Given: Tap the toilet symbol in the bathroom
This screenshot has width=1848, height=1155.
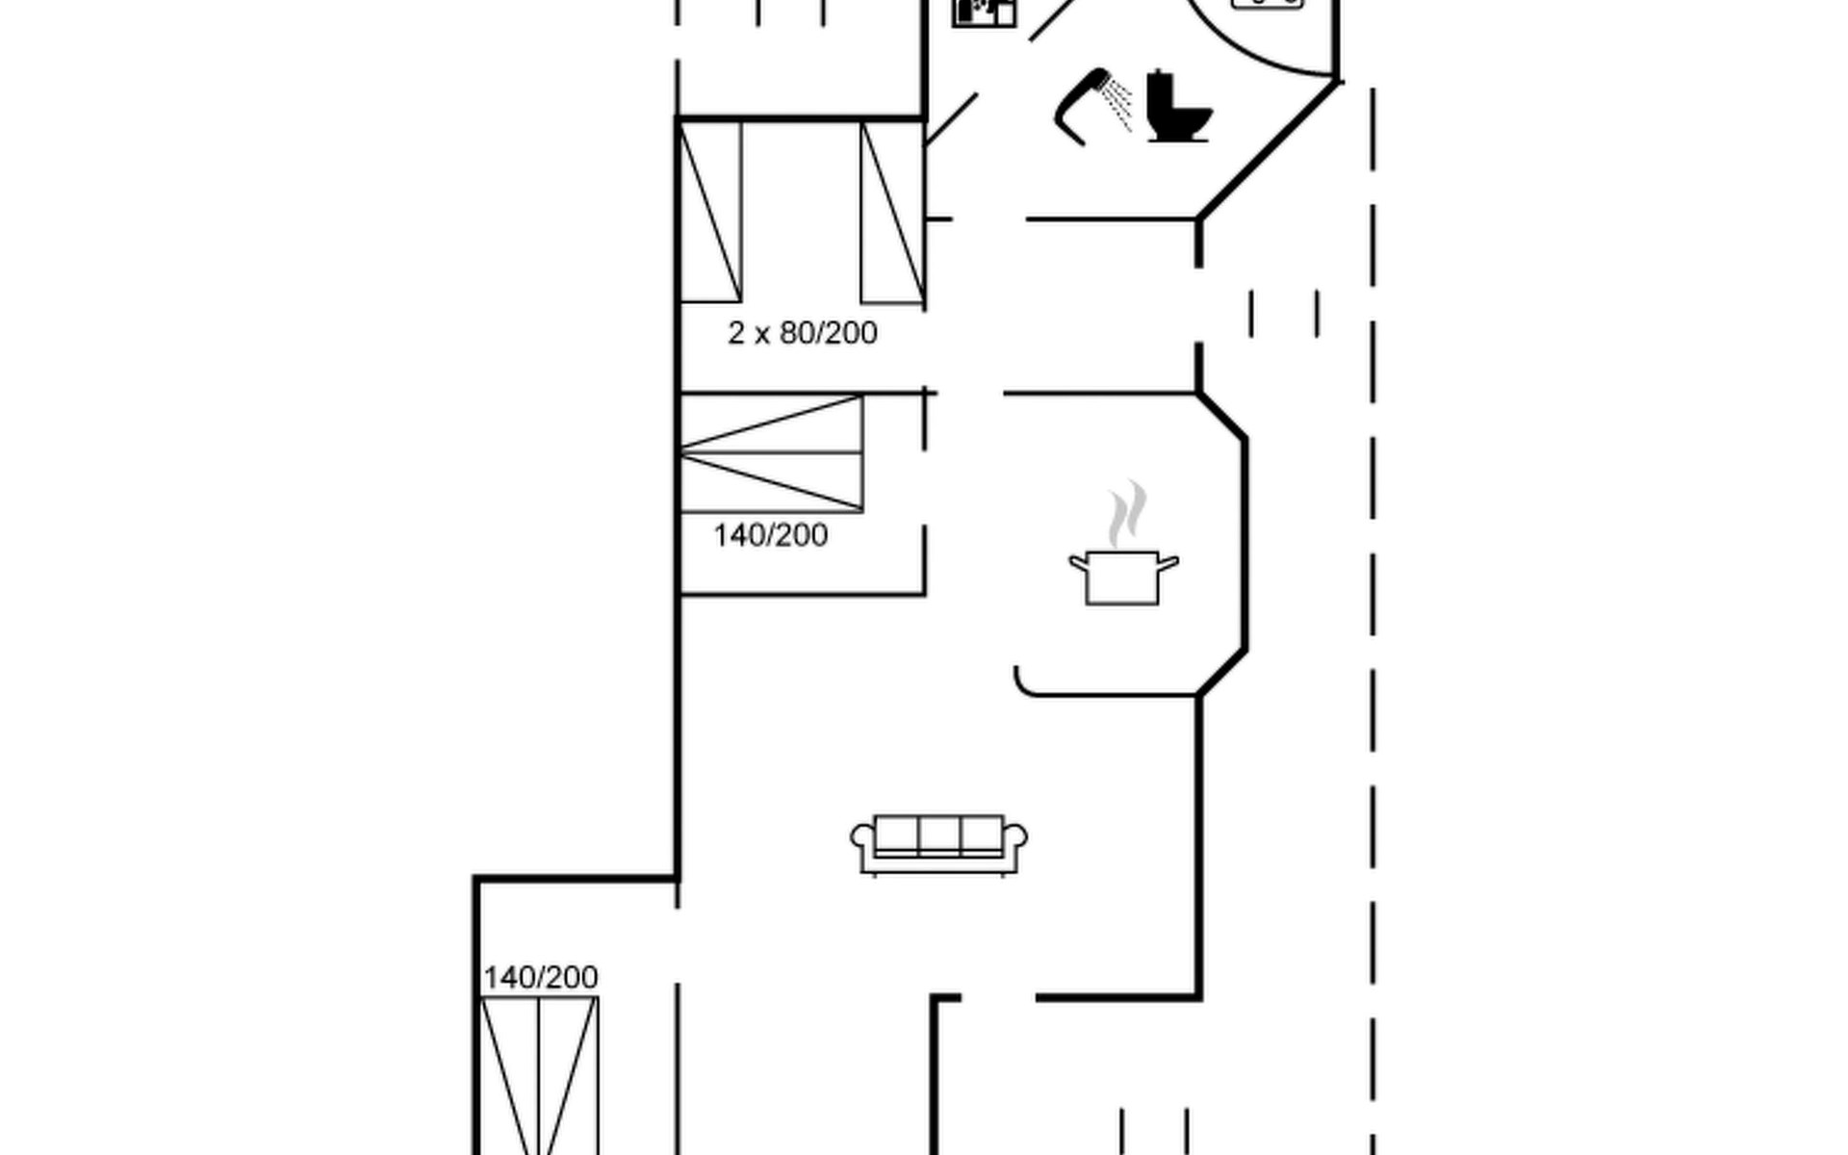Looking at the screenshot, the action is [x=1178, y=107].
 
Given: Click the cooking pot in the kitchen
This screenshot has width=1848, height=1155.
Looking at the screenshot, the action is [x=1123, y=577].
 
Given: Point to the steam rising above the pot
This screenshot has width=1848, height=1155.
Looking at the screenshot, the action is [x=1126, y=513].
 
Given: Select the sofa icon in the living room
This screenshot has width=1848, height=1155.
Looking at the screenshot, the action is [x=938, y=844].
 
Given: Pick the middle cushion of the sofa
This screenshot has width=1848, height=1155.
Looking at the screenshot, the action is [x=939, y=835].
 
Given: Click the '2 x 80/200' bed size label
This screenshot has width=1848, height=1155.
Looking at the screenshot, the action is [x=803, y=333].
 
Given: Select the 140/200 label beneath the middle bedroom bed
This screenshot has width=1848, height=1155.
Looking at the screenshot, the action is [x=770, y=535].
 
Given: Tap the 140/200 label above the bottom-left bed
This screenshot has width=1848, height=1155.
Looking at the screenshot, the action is [x=540, y=978].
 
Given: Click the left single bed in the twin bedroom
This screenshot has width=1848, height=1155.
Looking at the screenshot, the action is [x=710, y=212].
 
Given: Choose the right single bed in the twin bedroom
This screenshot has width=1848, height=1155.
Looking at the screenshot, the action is [x=892, y=212].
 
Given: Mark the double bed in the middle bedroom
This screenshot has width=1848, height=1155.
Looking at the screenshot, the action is [x=771, y=452].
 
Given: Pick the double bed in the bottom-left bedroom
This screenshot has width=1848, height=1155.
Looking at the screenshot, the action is [x=539, y=1076].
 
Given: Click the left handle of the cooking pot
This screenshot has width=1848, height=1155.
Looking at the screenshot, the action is [x=1078, y=564].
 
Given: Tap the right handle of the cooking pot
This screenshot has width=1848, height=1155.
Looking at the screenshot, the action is [x=1168, y=564].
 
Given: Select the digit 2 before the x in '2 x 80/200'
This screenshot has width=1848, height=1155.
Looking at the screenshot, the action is [x=736, y=333].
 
